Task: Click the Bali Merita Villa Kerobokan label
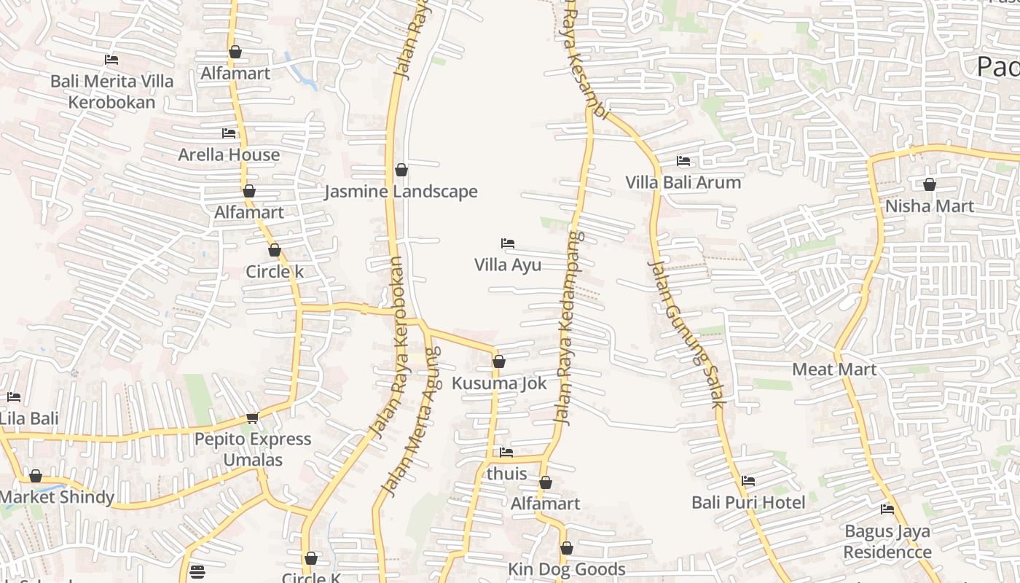[111, 91]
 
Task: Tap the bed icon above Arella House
[229, 133]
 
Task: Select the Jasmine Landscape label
[401, 192]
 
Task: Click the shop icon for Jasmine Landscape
[401, 170]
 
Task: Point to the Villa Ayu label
[508, 265]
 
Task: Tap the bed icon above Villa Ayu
[508, 243]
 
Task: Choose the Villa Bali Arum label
[683, 182]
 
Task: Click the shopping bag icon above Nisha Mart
[929, 184]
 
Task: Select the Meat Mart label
[834, 369]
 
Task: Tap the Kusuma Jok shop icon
[499, 361]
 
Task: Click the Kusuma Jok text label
[499, 383]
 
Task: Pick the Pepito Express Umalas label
[252, 450]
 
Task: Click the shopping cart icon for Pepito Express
[252, 418]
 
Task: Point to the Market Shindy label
[57, 498]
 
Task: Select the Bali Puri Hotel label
[748, 503]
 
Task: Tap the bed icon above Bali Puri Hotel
[748, 481]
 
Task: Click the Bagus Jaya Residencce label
[887, 541]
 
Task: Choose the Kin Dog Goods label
[566, 569]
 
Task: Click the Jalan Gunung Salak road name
[686, 334]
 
